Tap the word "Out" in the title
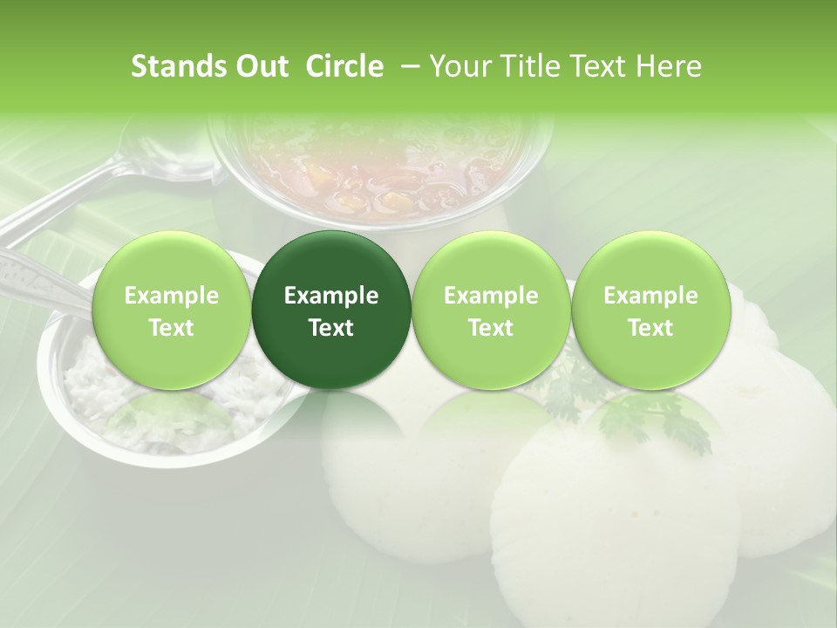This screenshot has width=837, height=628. click(259, 67)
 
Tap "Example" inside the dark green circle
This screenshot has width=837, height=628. click(330, 297)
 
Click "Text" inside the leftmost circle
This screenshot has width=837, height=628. click(171, 328)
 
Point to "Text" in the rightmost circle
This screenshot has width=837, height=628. click(650, 328)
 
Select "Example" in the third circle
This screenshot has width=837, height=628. click(491, 297)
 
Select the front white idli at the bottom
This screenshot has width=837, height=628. click(584, 532)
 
